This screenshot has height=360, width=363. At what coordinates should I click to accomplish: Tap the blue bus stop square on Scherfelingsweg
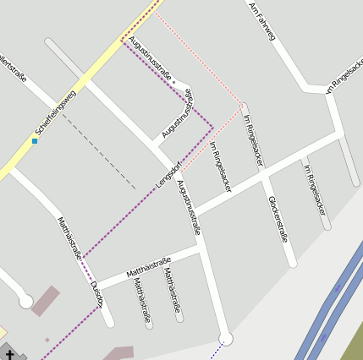coord(35,141)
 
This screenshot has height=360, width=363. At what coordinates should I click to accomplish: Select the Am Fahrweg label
coord(261,20)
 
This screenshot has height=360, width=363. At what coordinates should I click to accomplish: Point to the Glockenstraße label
coord(278,219)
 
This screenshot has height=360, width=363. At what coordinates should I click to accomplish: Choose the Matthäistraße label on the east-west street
coord(148,266)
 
